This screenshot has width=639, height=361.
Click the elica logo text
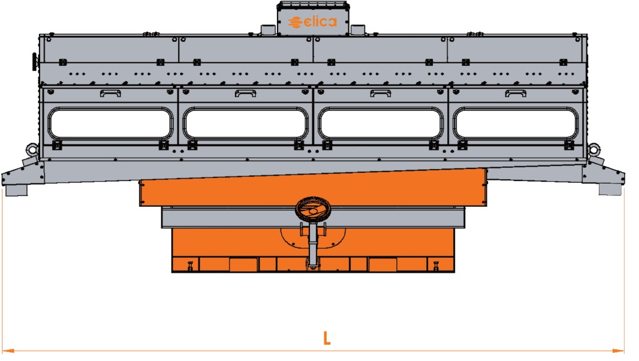312,22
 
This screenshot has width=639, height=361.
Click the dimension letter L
327,338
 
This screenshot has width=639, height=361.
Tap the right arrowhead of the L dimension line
618,350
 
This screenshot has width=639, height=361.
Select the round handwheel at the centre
313,209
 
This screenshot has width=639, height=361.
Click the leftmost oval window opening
110,124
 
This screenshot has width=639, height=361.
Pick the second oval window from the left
245,124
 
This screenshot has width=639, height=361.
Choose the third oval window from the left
381,124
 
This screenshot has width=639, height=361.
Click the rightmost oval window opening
516,124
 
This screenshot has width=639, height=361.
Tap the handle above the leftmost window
110,94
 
